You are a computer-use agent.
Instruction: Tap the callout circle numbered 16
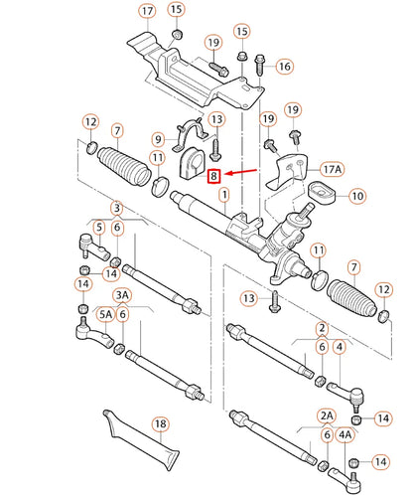(284, 67)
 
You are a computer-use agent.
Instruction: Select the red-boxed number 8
(213, 176)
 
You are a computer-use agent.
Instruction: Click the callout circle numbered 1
(224, 198)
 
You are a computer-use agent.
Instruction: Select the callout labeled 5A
(106, 315)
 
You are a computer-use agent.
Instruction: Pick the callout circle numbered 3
(117, 209)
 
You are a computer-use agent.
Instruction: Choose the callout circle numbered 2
(321, 327)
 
